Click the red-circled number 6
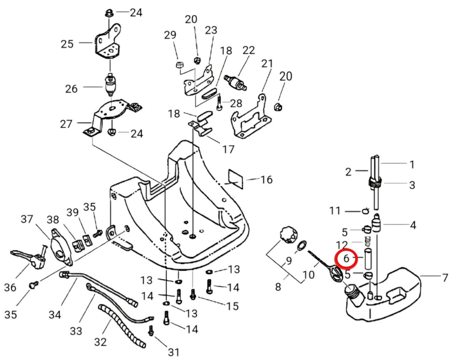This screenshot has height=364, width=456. [347, 259]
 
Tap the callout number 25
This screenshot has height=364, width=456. [67, 44]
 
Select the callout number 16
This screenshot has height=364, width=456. [267, 180]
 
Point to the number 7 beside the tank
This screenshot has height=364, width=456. [445, 277]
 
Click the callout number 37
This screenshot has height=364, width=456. [27, 219]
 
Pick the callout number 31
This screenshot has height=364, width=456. [174, 352]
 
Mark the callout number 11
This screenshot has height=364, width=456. [350, 210]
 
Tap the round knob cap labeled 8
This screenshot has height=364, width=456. [287, 235]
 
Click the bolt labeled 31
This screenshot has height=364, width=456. [150, 332]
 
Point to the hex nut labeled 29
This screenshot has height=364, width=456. [179, 65]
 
